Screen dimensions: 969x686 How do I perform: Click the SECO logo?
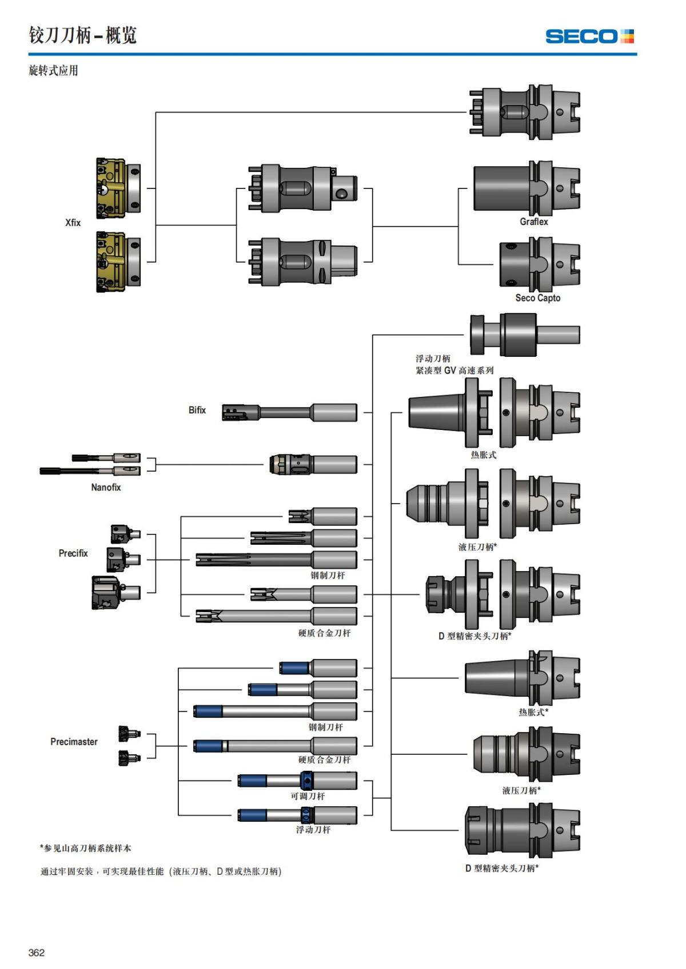(589, 36)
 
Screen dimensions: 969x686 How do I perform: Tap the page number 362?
(37, 952)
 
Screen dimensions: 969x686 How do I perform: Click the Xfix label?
(73, 223)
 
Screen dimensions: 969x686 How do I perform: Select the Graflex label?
(533, 222)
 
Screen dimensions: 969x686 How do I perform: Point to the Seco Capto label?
(537, 298)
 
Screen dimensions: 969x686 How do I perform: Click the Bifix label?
(197, 410)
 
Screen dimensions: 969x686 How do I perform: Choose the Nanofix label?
(106, 487)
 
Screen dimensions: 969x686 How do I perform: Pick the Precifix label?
(73, 553)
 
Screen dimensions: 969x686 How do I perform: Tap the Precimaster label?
(74, 742)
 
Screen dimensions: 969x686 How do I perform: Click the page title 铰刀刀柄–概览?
(83, 35)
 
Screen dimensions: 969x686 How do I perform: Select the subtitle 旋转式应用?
(53, 71)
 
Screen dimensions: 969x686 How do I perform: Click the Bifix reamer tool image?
(289, 412)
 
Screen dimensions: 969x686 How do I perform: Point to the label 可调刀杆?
(308, 796)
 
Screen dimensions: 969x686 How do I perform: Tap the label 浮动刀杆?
(313, 830)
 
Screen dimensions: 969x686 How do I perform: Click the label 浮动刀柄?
(433, 359)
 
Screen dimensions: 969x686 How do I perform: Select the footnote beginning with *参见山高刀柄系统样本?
(86, 849)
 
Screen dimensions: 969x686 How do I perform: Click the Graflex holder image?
(527, 188)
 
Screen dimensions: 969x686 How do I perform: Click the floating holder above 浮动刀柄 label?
(524, 335)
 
